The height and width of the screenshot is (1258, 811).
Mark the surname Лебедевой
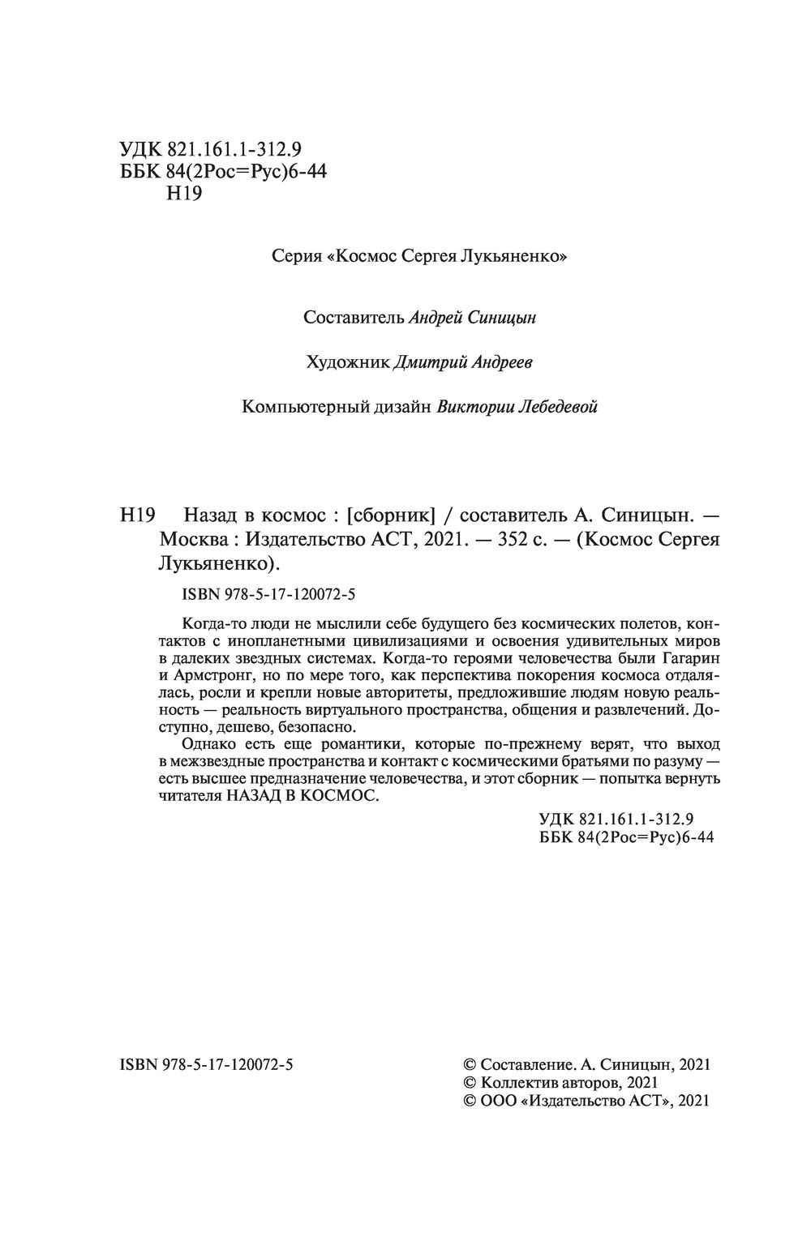point(557,407)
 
